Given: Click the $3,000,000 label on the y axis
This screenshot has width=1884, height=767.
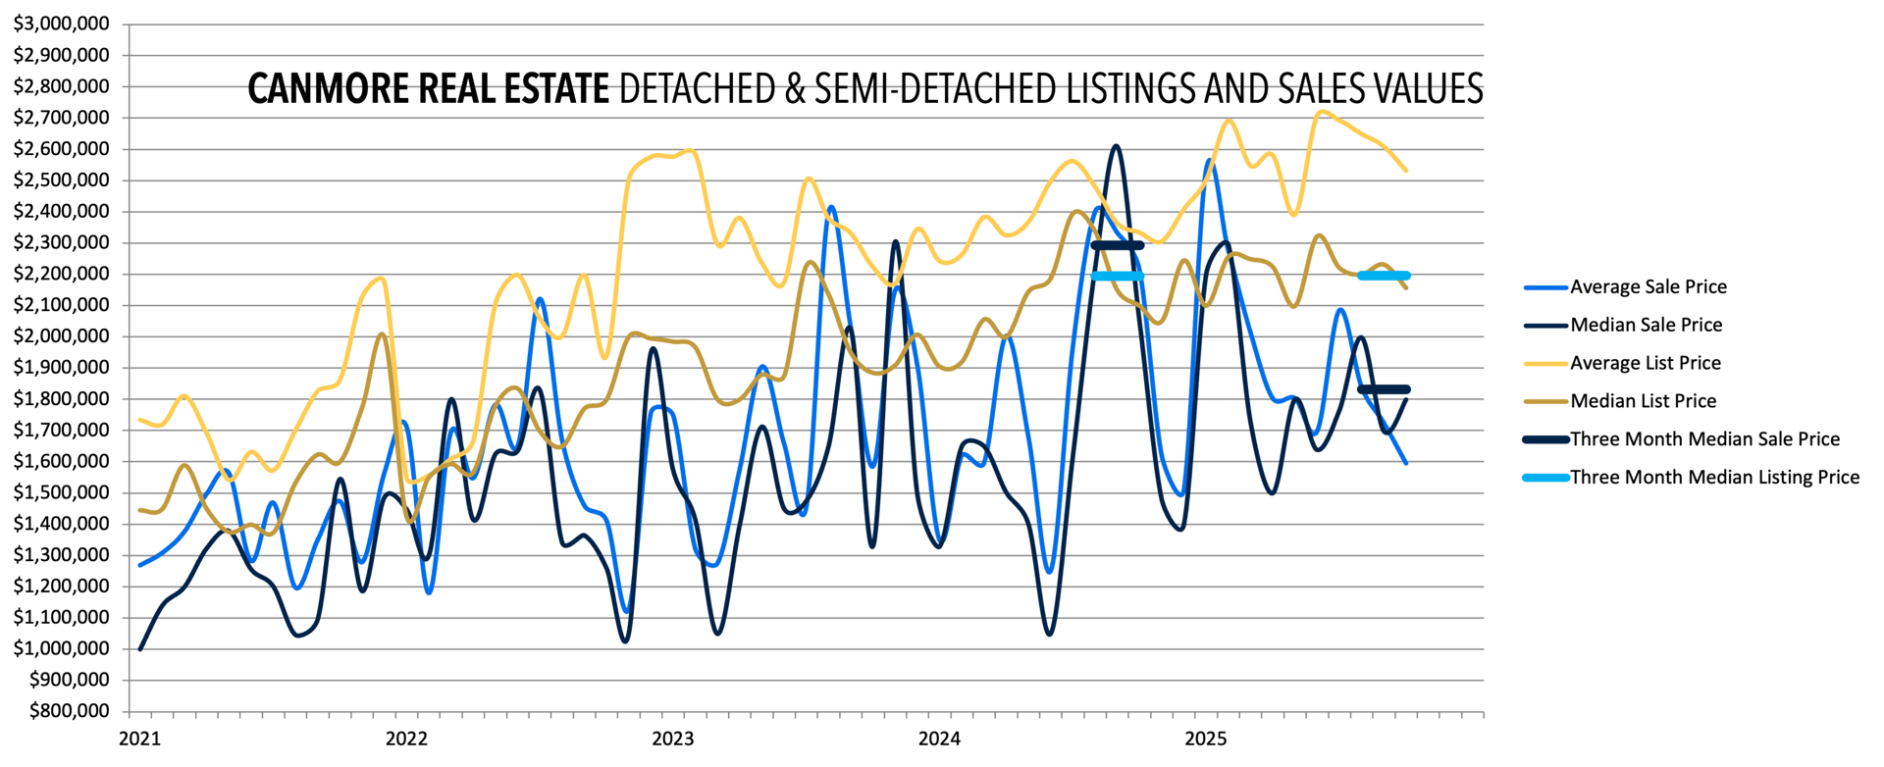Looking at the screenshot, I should click(x=61, y=24).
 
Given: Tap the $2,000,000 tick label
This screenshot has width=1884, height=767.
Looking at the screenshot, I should click(x=61, y=336).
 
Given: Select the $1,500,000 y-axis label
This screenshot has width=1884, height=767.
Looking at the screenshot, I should click(x=61, y=492).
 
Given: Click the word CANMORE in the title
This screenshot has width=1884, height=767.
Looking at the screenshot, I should click(x=331, y=89).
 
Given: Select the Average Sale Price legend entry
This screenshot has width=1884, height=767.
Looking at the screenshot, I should click(x=1648, y=287).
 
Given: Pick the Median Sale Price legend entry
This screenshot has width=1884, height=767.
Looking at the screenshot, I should click(x=1646, y=325).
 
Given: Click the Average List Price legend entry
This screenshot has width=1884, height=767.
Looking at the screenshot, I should click(x=1645, y=363).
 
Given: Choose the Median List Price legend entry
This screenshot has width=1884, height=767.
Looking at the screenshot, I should click(x=1643, y=401).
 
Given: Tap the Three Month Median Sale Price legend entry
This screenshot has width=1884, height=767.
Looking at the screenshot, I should click(x=1704, y=439).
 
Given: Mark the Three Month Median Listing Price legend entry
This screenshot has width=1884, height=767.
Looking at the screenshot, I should click(x=1714, y=478).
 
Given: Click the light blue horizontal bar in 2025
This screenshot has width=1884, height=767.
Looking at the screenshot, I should click(x=1384, y=276).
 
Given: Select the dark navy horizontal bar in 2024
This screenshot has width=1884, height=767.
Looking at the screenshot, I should click(x=1117, y=245).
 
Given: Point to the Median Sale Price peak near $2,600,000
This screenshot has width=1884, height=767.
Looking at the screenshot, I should click(x=1117, y=146).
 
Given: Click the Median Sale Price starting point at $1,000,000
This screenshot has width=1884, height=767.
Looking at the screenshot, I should click(x=140, y=648).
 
